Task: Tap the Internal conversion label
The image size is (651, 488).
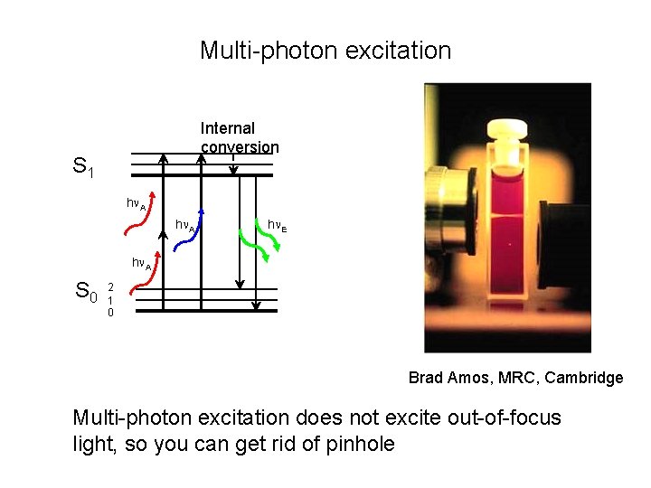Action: (x=240, y=137)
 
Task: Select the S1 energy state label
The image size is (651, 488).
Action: (x=84, y=167)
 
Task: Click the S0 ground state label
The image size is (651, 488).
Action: (x=86, y=291)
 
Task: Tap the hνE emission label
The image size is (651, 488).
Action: (x=278, y=224)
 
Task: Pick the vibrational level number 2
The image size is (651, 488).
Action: (x=110, y=287)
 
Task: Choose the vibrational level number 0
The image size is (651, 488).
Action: (x=110, y=313)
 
